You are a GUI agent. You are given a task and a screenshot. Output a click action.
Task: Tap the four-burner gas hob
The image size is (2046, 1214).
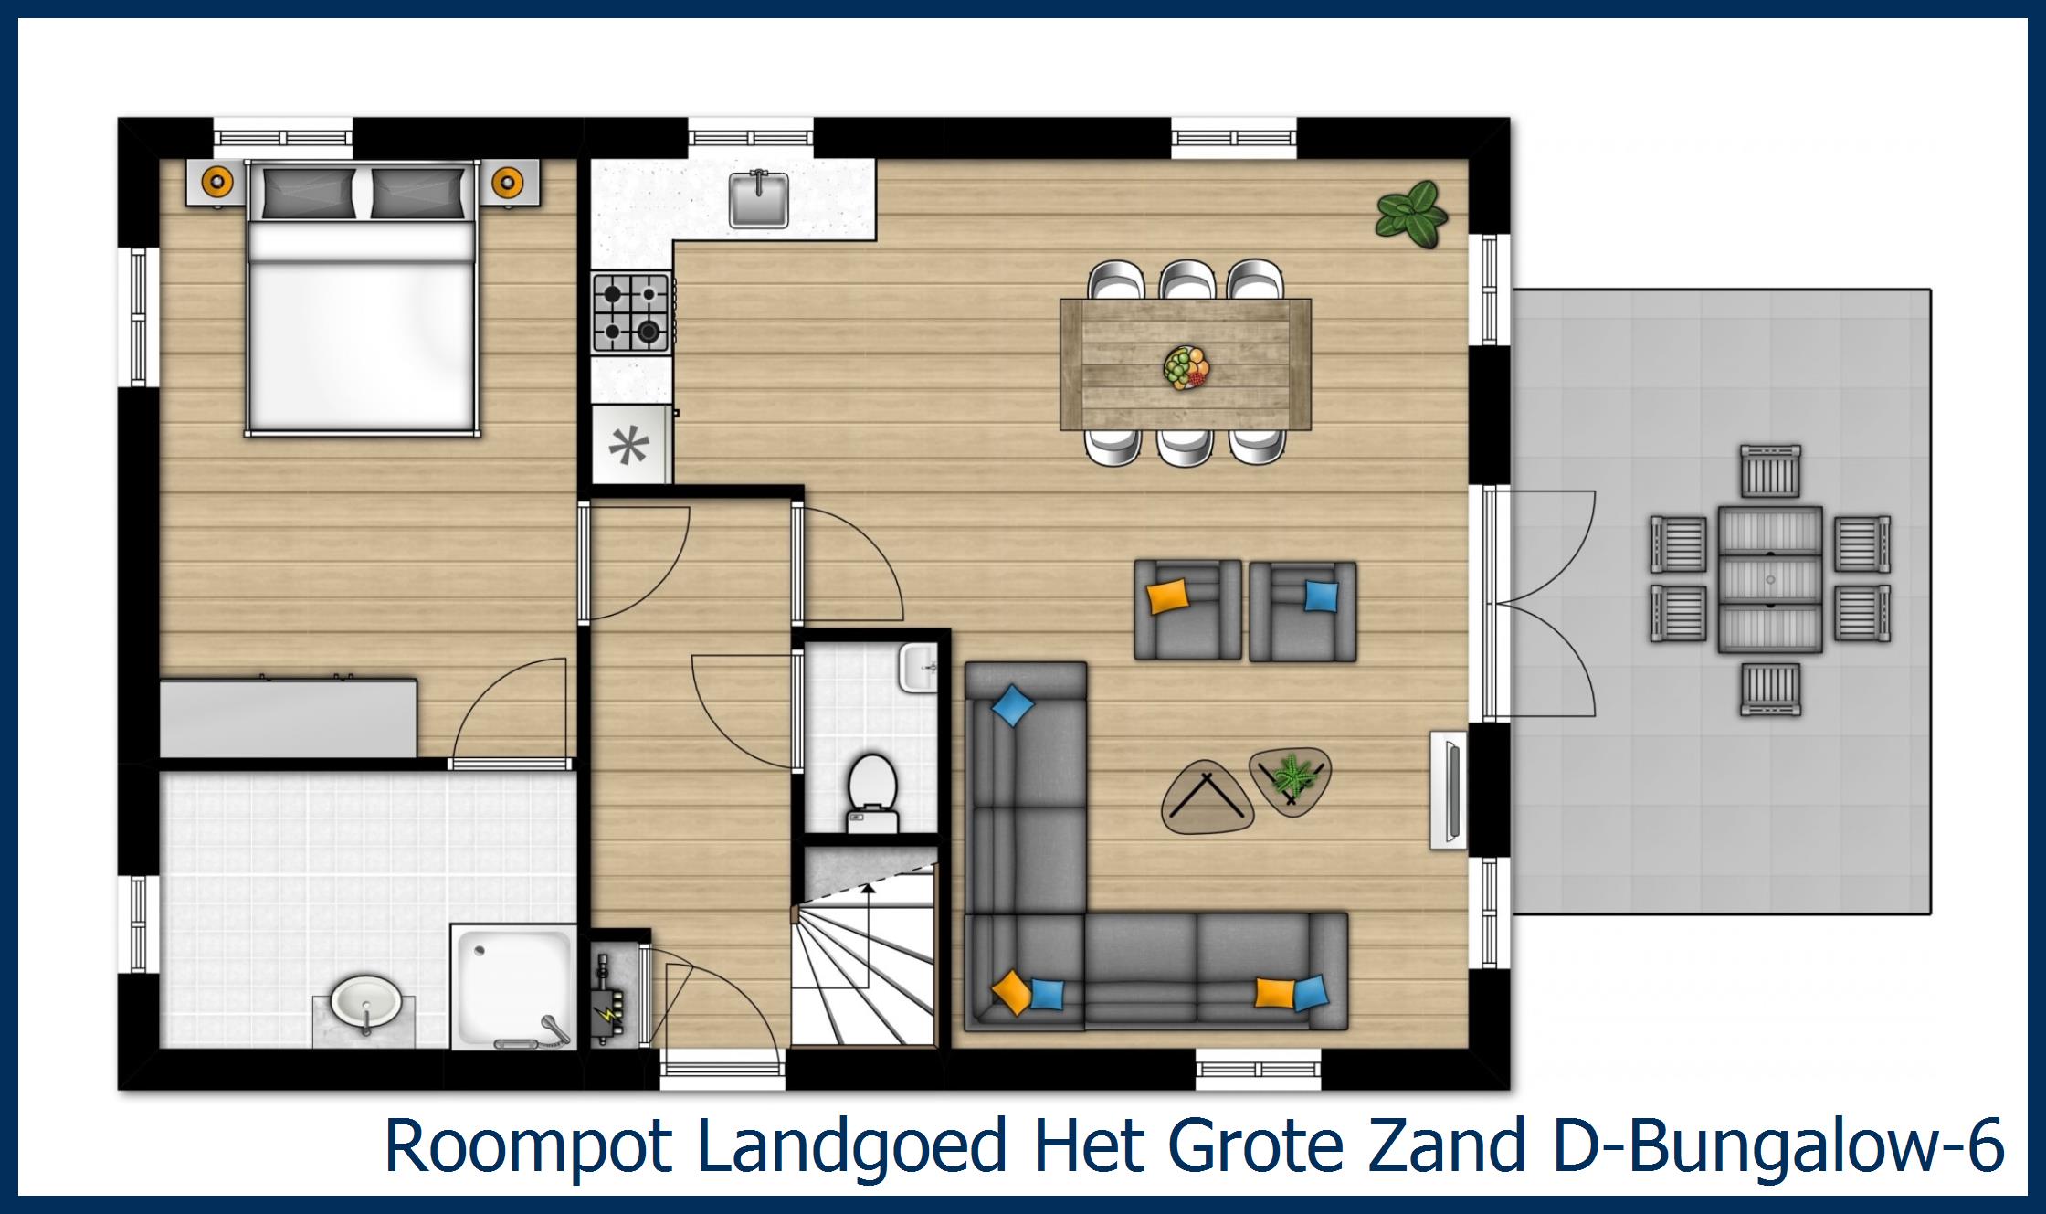coord(631,312)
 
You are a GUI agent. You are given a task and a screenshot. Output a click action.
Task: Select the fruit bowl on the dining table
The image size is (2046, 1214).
coord(1186,368)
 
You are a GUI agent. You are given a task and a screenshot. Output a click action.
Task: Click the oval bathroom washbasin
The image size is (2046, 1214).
coord(365,1003)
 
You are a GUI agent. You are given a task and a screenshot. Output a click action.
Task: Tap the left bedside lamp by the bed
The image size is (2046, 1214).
coord(216,183)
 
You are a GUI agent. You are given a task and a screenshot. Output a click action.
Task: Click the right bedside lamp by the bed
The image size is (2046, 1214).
coord(508,183)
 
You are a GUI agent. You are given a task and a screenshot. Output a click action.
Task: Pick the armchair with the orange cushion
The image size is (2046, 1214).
coord(1186,609)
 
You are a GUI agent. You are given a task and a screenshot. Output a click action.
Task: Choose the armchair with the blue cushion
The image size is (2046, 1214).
coord(1302,610)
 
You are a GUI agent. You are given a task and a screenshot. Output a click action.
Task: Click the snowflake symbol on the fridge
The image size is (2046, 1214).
coord(629,446)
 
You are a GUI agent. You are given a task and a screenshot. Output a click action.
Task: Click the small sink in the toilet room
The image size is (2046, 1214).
coord(917,667)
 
